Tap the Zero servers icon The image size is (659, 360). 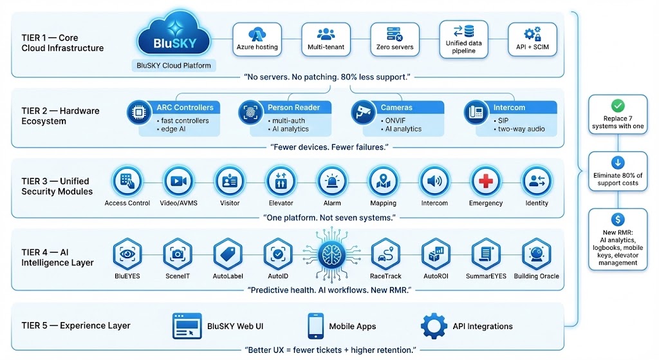click(x=394, y=35)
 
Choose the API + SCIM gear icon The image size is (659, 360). click(x=532, y=34)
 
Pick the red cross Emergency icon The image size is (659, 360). click(x=485, y=182)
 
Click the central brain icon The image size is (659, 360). click(x=332, y=253)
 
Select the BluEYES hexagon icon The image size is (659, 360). click(x=127, y=254)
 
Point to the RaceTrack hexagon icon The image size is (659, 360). click(x=385, y=254)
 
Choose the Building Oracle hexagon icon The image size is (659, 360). click(x=536, y=254)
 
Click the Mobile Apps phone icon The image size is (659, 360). click(x=315, y=326)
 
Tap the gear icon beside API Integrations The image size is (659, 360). click(x=434, y=326)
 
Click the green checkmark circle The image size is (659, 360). click(x=618, y=106)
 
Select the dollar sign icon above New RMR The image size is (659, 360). click(x=618, y=219)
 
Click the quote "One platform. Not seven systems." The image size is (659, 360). click(x=329, y=217)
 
